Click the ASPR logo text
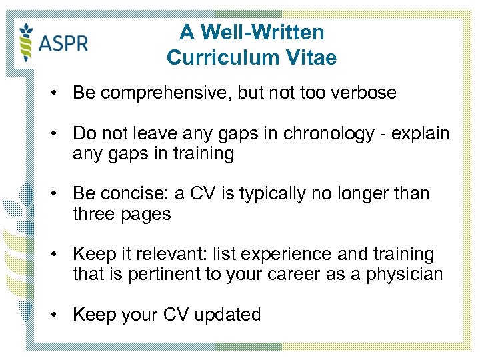(x=63, y=45)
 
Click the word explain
(x=419, y=133)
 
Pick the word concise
(x=129, y=194)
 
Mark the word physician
(x=403, y=274)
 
